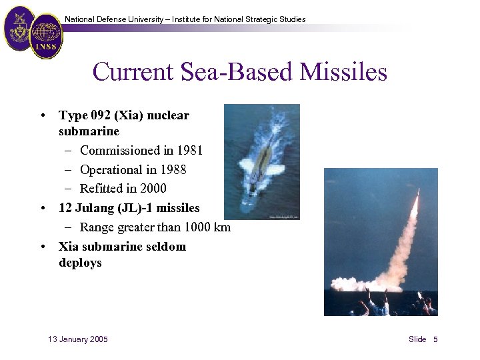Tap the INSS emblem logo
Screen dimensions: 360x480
pos(46,37)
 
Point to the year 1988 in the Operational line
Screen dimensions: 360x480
pos(173,169)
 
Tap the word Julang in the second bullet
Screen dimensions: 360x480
pos(94,208)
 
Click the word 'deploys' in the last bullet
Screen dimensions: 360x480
pos(80,263)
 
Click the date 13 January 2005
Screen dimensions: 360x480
pos(78,339)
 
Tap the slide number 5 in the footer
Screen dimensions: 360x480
pos(435,339)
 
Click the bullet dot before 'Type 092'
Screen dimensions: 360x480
pos(43,116)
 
